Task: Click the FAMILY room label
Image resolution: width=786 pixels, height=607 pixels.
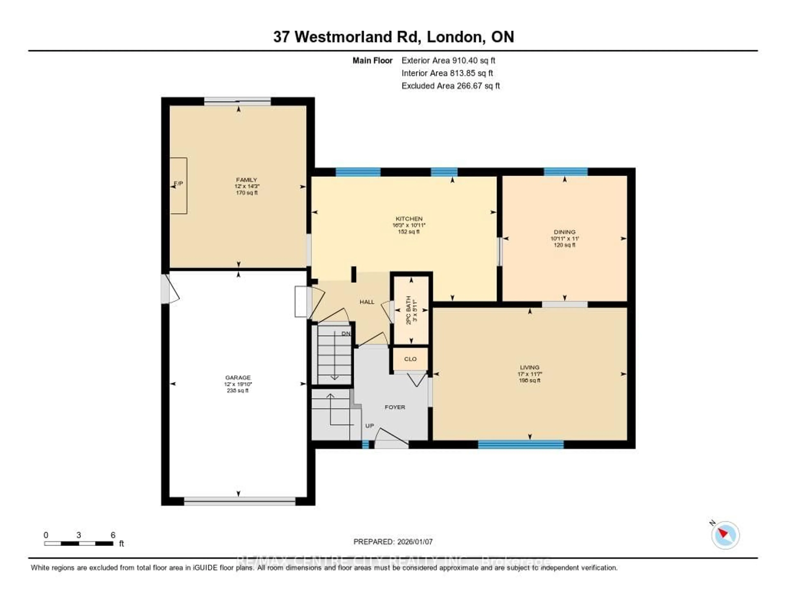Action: [x=246, y=179]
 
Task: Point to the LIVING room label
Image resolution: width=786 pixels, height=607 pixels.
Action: [x=529, y=367]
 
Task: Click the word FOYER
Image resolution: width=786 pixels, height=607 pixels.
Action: [x=395, y=407]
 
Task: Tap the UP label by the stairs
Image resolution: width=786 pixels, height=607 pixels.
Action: [x=370, y=426]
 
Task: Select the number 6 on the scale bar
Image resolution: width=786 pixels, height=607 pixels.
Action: [x=113, y=535]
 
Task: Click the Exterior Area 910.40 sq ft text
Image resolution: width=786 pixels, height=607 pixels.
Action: [x=448, y=60]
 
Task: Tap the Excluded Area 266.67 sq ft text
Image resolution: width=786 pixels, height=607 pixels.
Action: [x=451, y=86]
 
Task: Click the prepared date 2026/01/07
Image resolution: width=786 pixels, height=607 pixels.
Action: [x=414, y=542]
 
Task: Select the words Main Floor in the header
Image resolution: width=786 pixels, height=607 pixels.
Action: [x=372, y=60]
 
